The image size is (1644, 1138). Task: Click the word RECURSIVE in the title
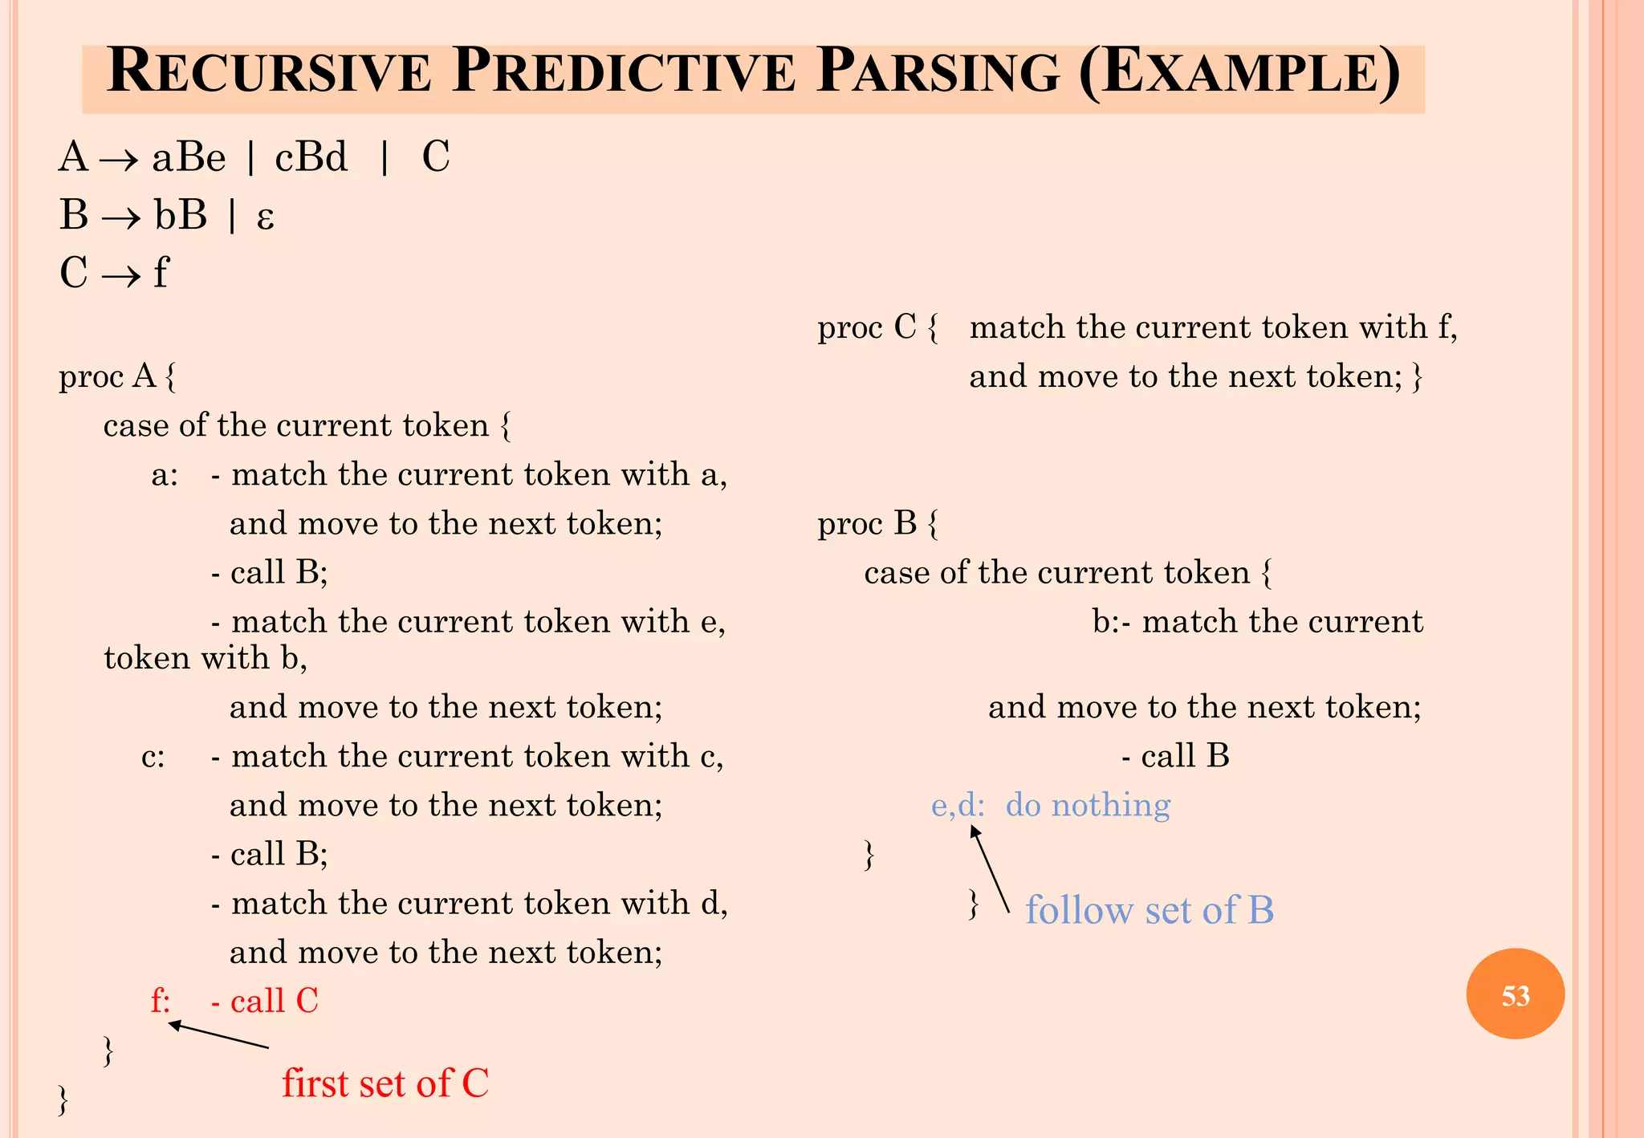pos(269,73)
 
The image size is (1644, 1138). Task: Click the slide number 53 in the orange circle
pos(1515,996)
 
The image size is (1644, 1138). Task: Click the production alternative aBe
pos(189,157)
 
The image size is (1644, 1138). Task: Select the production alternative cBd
pos(311,157)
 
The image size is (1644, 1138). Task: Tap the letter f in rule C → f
pos(161,273)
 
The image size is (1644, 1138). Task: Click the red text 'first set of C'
pos(385,1083)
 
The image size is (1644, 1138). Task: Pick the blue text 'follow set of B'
pos(1149,910)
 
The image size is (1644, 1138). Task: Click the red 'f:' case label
pos(161,1001)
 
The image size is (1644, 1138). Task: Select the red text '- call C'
pos(265,1001)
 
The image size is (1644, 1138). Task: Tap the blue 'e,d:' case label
pos(957,805)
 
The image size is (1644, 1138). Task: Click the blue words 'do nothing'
pos(1088,805)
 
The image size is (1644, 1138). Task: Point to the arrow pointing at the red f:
pos(218,1035)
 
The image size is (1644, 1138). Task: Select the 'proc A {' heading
pos(117,376)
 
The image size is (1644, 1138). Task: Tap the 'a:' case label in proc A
pos(165,475)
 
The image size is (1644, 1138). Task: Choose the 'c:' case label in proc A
pos(153,757)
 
